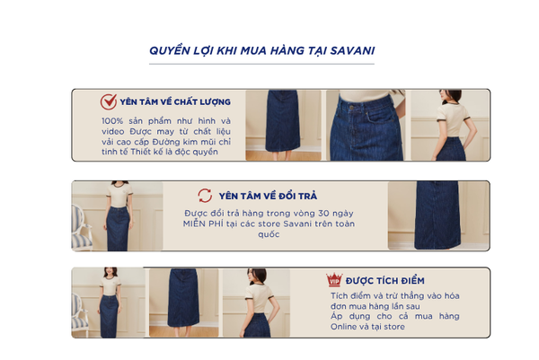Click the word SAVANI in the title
[x=352, y=50]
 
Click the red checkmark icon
[x=109, y=101]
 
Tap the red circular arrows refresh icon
[x=205, y=196]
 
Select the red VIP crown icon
[x=334, y=279]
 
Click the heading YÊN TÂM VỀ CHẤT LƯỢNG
[x=175, y=102]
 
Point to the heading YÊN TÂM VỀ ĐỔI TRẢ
[x=268, y=196]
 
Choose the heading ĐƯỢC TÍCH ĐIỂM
[x=385, y=281]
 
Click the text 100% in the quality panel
[x=112, y=121]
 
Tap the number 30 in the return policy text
[x=323, y=214]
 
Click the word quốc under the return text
[x=269, y=234]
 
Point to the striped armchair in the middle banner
[x=81, y=227]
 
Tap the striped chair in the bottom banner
[x=80, y=314]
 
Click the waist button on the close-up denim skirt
[x=351, y=108]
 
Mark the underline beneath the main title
[x=261, y=64]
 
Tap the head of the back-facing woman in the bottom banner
[x=256, y=276]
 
